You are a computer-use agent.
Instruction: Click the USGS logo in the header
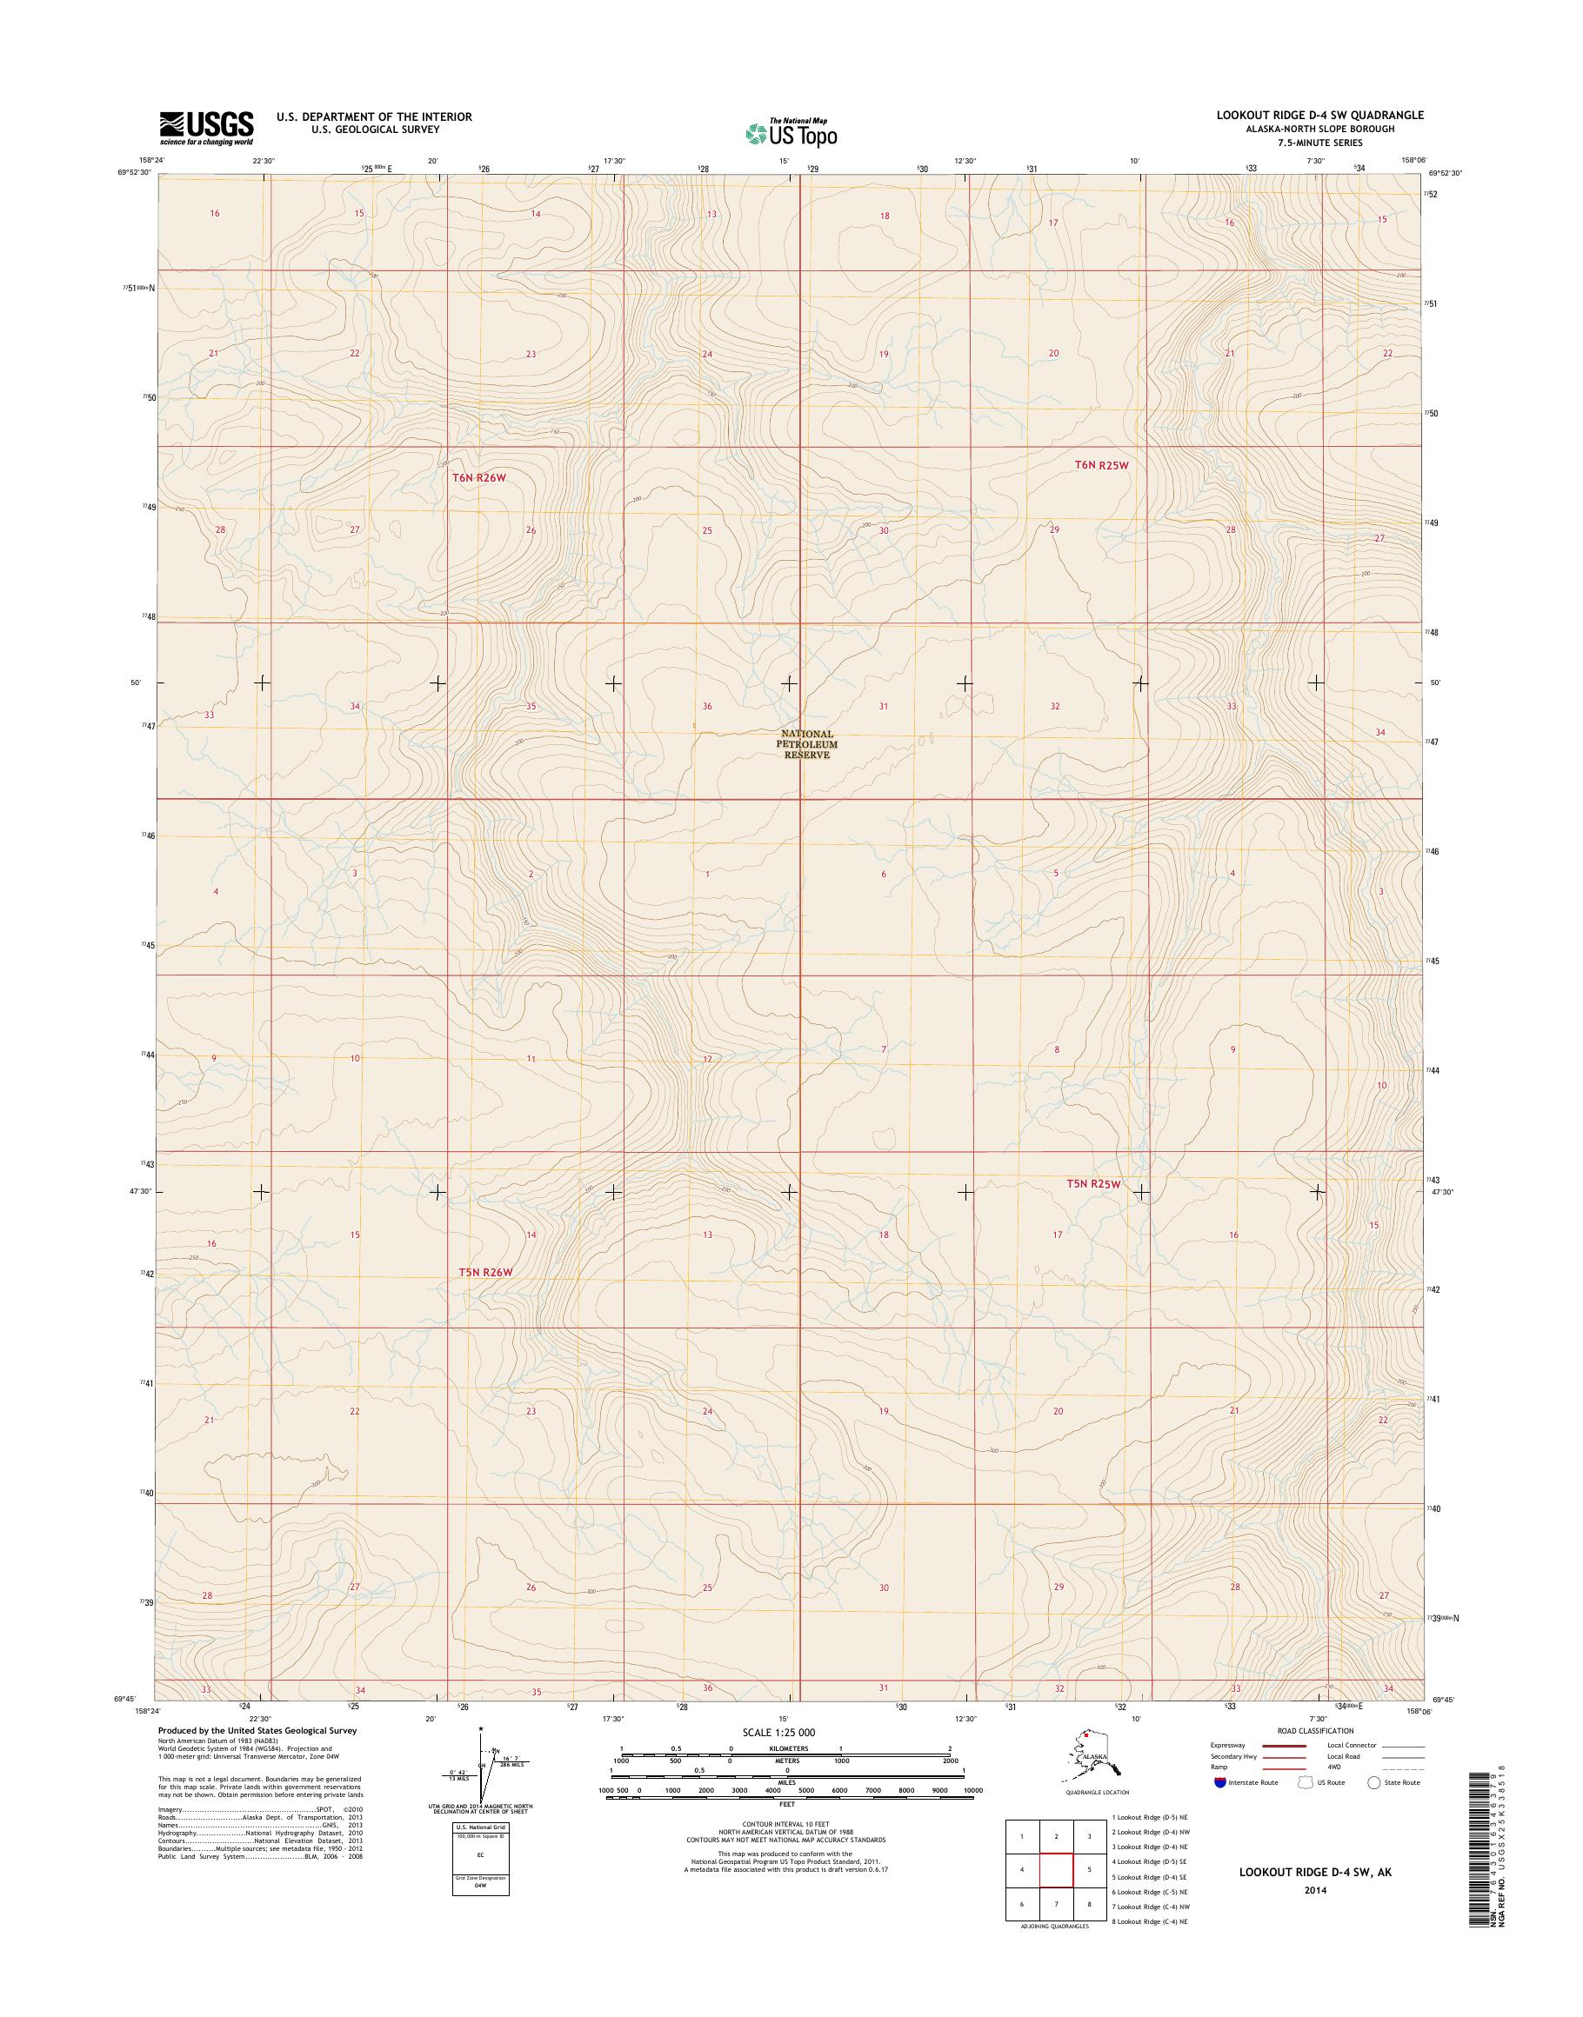point(206,128)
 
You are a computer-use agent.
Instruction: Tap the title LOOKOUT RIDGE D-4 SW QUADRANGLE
point(1320,115)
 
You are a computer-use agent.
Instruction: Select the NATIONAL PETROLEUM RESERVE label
point(806,744)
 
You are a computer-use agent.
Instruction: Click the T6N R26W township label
point(480,477)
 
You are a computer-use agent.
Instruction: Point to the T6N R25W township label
point(1102,465)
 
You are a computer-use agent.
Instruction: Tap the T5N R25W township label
point(1092,1184)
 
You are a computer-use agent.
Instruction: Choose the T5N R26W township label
point(484,1272)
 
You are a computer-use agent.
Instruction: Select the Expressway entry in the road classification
point(1227,1746)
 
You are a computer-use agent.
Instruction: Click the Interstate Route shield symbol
point(1220,1782)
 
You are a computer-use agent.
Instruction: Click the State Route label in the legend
point(1401,1782)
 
